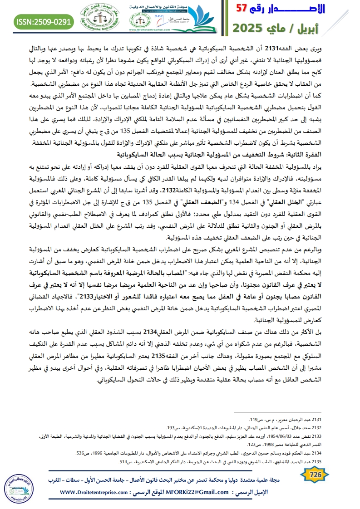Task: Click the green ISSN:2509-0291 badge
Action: pos(44,21)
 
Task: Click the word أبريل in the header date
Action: pos(333,27)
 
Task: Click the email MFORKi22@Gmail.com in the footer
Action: pos(199,492)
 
